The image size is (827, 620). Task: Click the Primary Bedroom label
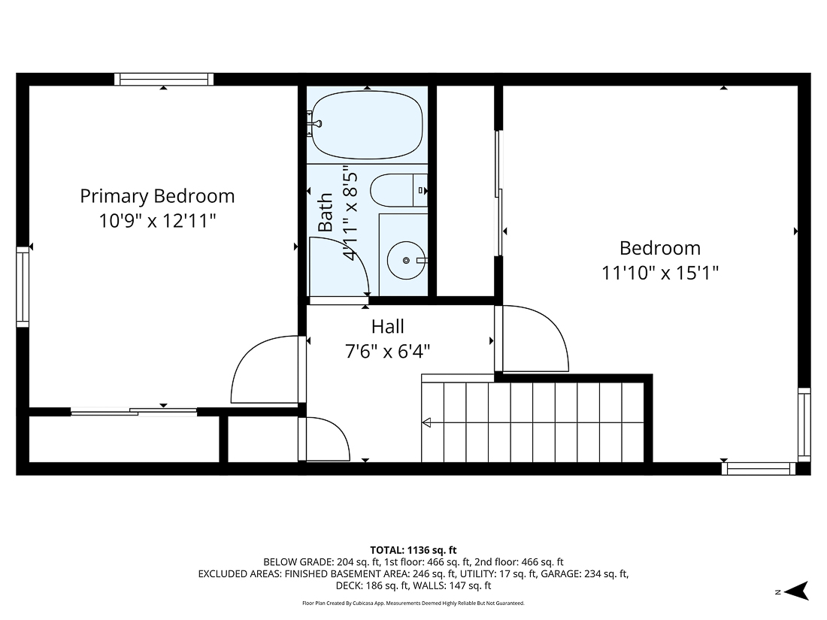pos(157,196)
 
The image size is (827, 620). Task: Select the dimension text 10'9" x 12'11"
pos(157,221)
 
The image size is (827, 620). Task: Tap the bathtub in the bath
pos(367,126)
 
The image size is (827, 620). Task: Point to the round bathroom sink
pos(406,260)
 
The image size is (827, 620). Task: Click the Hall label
pos(387,326)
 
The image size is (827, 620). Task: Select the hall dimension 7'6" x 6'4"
pos(387,351)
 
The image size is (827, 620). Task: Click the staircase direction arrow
pos(427,422)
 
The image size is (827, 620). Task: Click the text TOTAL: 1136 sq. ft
pos(413,550)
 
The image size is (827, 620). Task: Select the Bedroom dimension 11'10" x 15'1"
pos(659,273)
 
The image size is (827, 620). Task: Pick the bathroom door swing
pos(338,267)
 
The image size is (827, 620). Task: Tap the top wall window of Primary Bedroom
pos(164,79)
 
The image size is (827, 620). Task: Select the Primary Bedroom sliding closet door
pos(134,411)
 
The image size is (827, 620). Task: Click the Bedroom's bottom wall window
pos(758,468)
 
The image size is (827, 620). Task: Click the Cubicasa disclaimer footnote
pos(413,603)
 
